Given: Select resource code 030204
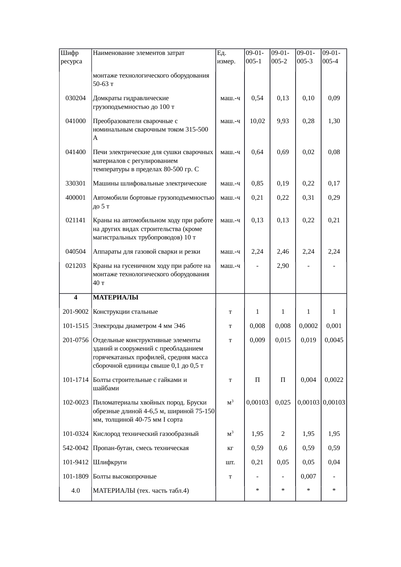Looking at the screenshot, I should [75, 98].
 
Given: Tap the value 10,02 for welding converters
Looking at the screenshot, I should [257, 121].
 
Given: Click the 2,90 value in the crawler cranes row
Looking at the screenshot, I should [283, 266].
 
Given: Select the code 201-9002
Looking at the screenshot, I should [75, 311].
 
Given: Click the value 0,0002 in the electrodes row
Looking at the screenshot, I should [308, 326].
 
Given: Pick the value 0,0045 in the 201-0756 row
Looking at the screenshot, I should [334, 340].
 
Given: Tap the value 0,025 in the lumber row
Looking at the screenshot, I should [283, 402].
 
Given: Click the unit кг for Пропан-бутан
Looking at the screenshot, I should [230, 448].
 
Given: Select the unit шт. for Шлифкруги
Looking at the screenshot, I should [230, 462].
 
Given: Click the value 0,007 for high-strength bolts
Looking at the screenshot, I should [308, 476].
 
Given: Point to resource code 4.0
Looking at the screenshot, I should [75, 490].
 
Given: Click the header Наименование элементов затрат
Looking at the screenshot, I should [138, 53].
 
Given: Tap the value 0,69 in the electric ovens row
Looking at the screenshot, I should [283, 152].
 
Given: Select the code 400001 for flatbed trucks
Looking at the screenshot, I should [75, 197].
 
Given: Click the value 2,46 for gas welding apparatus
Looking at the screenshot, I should [283, 251].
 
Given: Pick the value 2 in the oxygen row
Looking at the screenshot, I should [283, 434].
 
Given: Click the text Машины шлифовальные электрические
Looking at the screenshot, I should [149, 183].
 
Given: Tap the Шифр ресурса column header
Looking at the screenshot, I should [71, 57].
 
